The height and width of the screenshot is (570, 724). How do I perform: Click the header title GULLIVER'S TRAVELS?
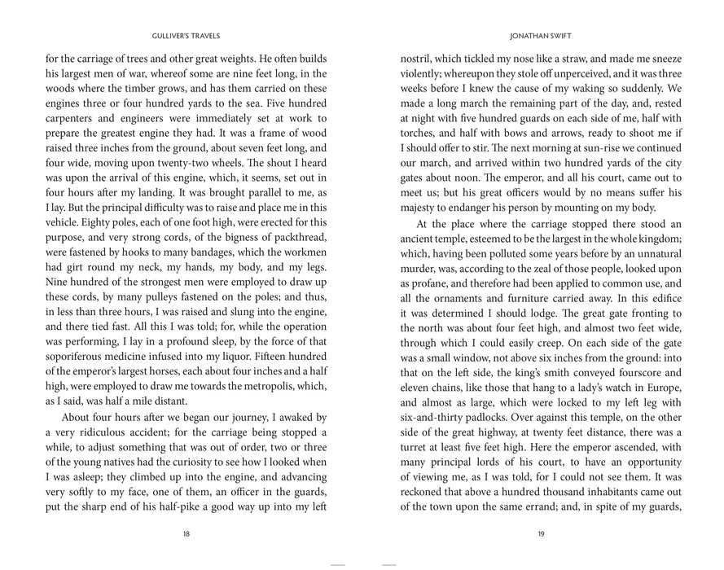(186, 36)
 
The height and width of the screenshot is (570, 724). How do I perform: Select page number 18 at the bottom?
(186, 534)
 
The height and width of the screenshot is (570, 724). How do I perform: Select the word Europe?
(660, 385)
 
